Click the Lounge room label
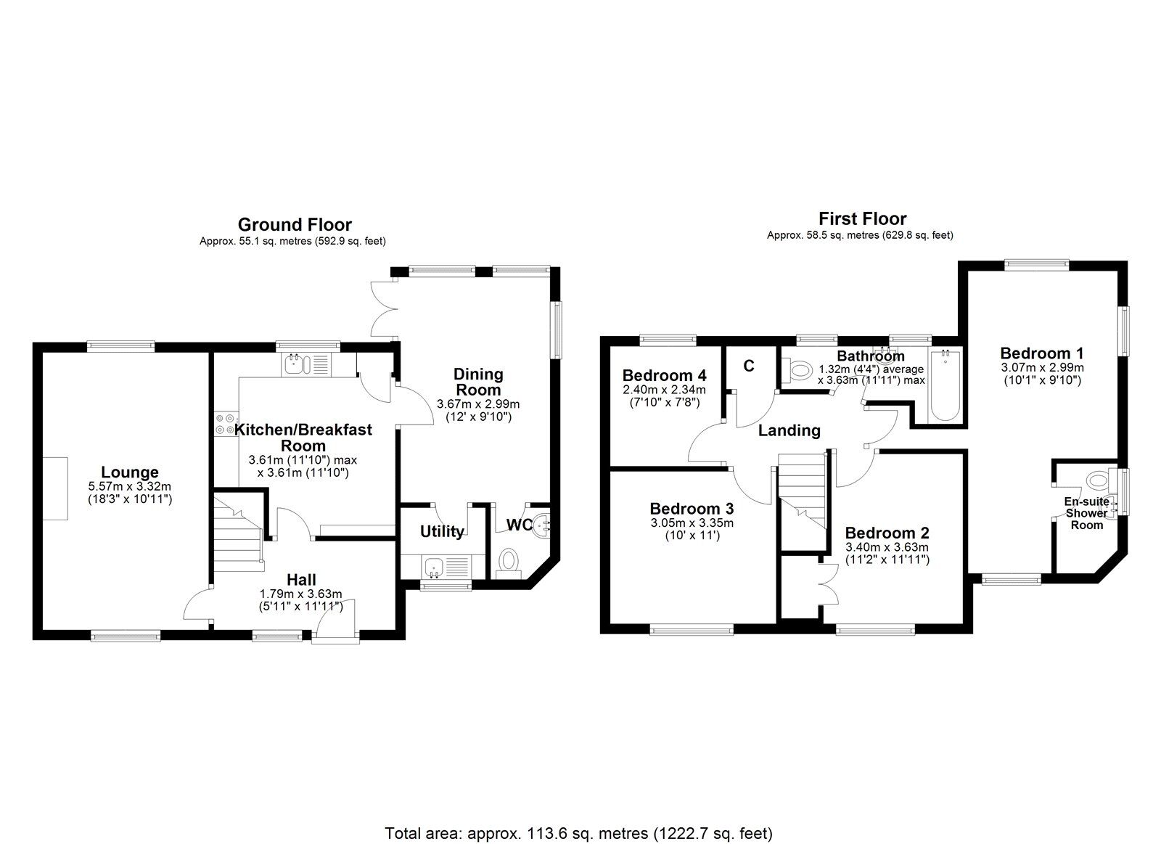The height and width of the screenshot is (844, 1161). pos(129,472)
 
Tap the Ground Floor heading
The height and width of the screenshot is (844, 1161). pos(295,225)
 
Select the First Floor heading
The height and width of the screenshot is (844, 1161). pos(862,218)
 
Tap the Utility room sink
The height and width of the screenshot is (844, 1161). pos(435,565)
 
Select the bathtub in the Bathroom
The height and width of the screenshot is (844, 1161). pos(945,387)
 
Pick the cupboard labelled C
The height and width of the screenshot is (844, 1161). pos(749,366)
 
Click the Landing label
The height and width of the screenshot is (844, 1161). pos(789,430)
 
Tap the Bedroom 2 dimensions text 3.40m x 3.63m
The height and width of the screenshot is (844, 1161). pos(887,547)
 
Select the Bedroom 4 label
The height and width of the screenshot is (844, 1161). pos(664,375)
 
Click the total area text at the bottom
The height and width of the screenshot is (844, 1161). pos(578,813)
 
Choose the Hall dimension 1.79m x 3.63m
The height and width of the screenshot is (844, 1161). pos(300,594)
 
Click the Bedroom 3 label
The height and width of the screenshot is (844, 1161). pos(692,509)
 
